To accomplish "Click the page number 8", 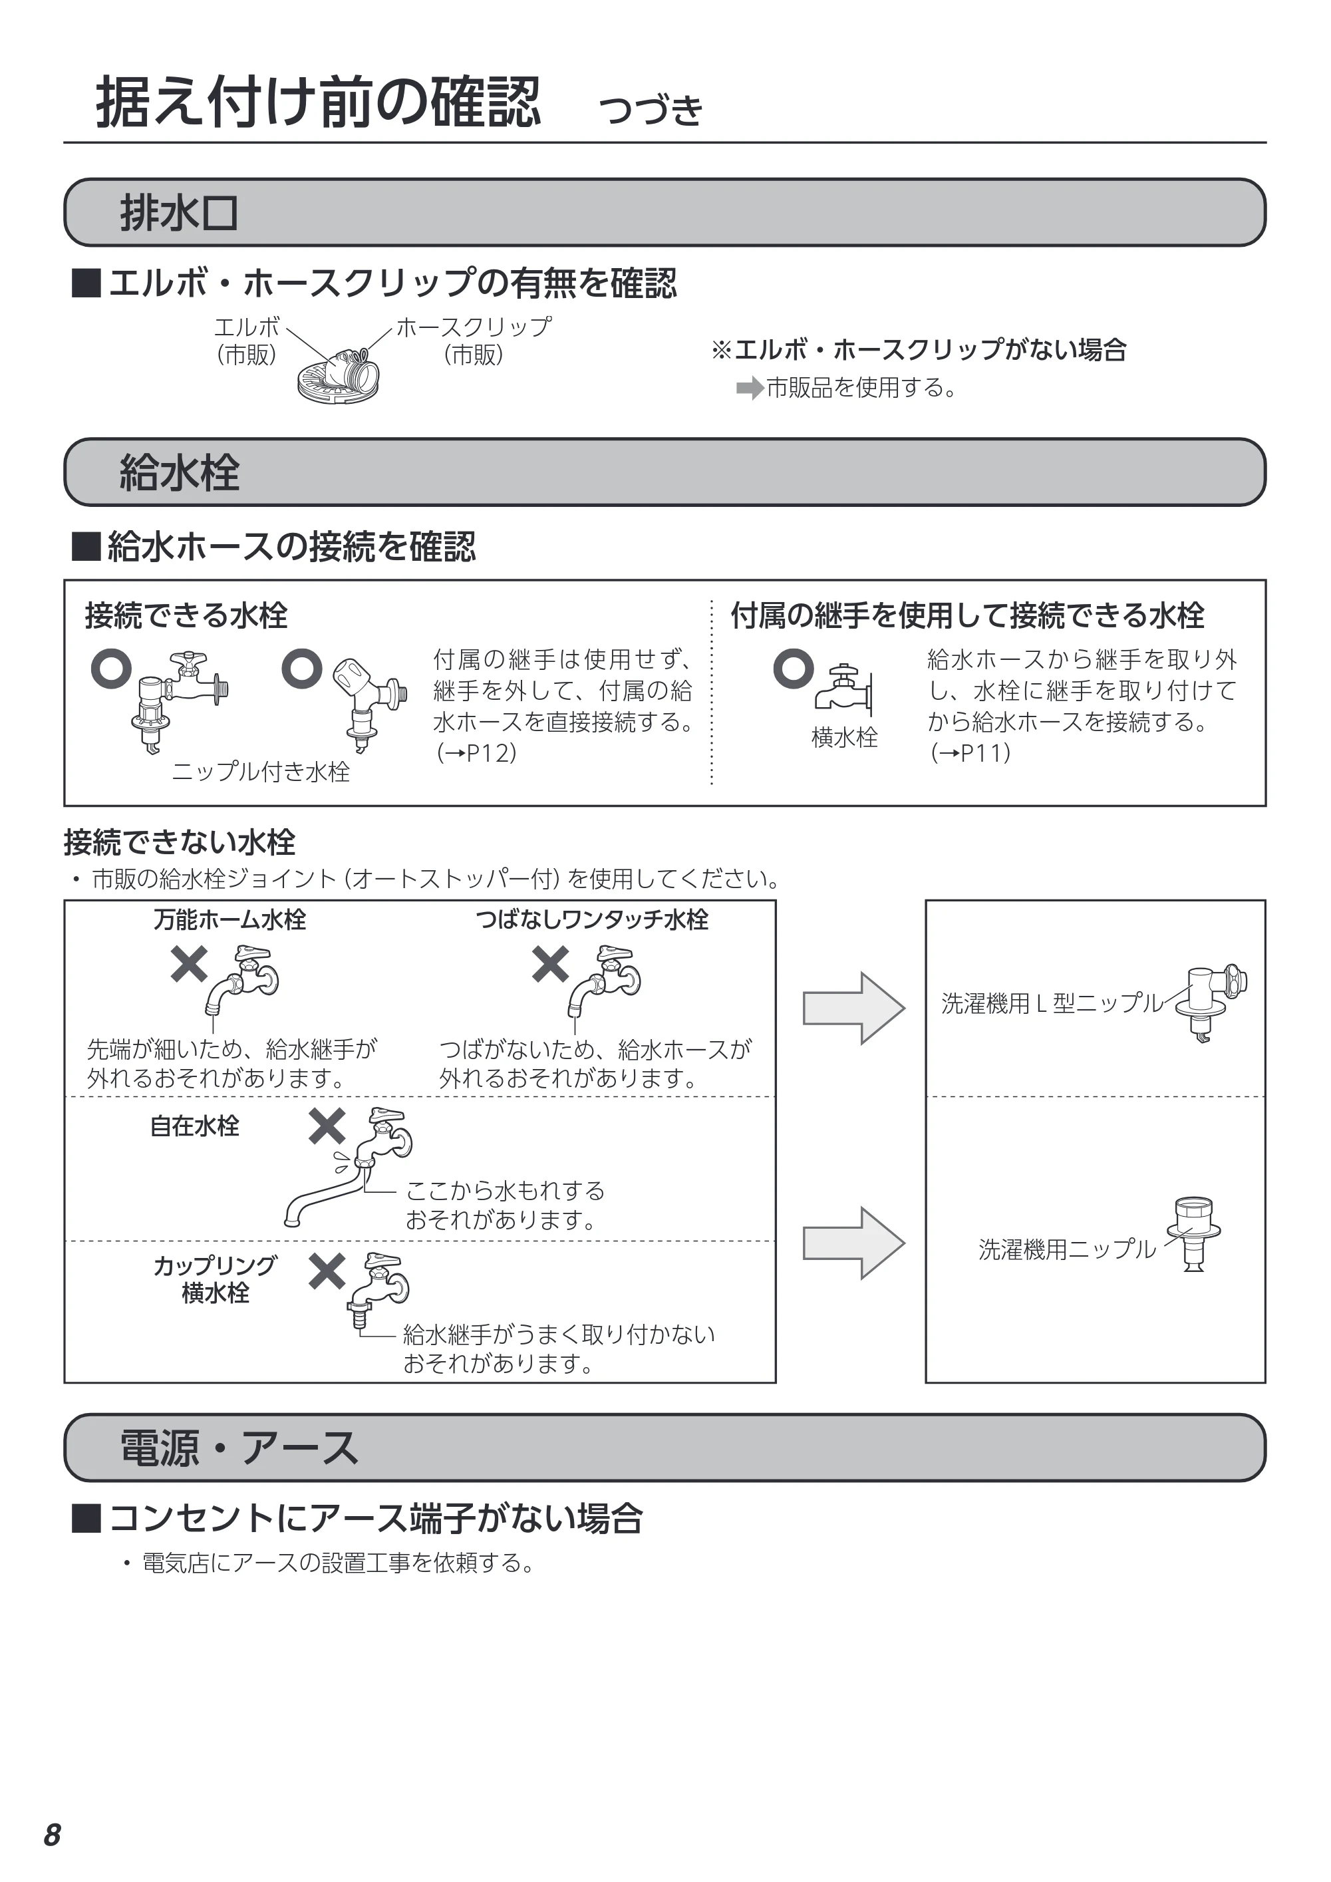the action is (x=53, y=1835).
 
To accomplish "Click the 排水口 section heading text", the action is (x=179, y=213).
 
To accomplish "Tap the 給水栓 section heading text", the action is (x=180, y=473).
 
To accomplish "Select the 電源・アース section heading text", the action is (x=239, y=1448).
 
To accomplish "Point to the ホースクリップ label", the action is (x=474, y=327).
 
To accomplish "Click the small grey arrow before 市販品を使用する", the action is (x=749, y=388).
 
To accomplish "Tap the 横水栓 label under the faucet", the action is (x=844, y=738).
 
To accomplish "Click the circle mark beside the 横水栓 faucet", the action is (x=794, y=669).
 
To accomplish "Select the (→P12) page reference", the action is (x=476, y=752).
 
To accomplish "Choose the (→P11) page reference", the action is (x=970, y=752).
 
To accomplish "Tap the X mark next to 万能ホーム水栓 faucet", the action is (x=190, y=964).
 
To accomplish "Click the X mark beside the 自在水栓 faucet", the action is (x=327, y=1126).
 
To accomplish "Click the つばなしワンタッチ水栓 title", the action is (x=592, y=919).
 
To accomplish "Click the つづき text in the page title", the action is (x=651, y=110).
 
